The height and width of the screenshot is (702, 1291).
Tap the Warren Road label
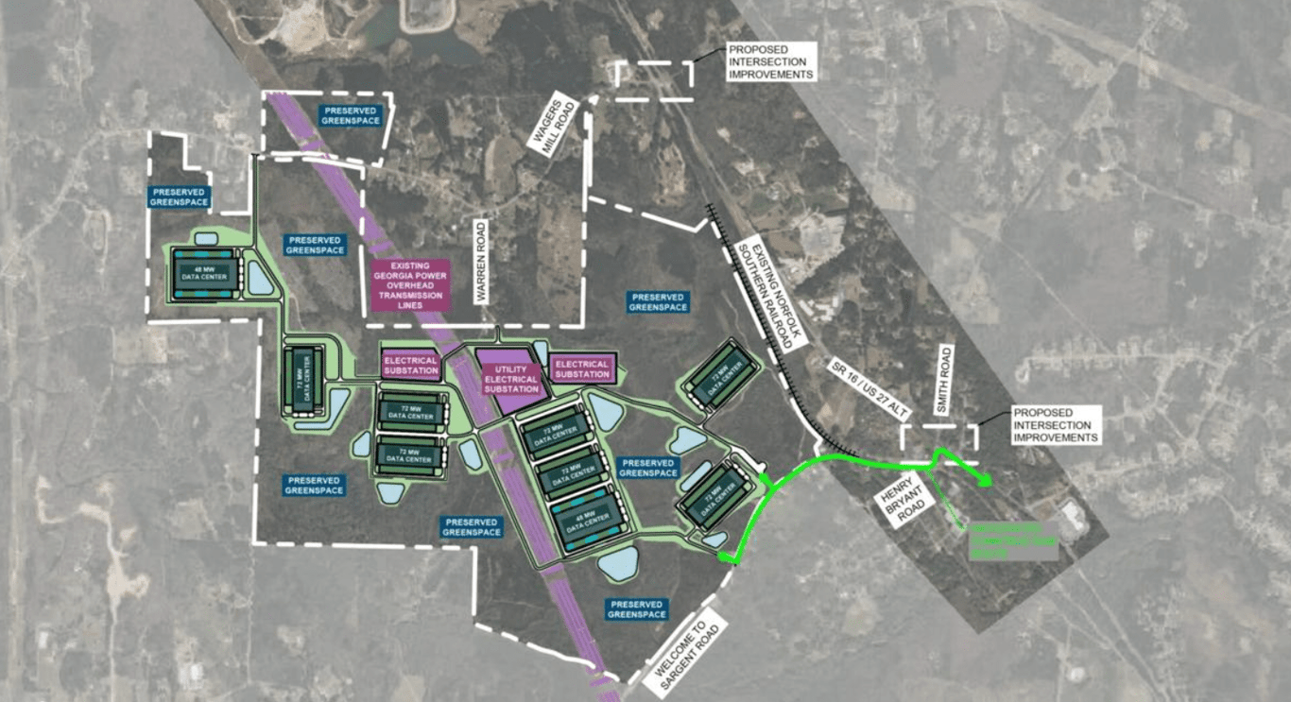[481, 262]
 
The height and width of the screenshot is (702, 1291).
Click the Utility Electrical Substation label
[510, 377]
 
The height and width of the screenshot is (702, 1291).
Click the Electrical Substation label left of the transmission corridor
[411, 366]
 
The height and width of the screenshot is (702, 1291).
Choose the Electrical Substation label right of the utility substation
[582, 369]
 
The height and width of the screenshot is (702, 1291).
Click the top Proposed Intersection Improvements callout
[769, 61]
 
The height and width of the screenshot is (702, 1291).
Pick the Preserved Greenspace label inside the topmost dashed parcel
[351, 115]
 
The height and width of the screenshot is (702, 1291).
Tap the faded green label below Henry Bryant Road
[1013, 540]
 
